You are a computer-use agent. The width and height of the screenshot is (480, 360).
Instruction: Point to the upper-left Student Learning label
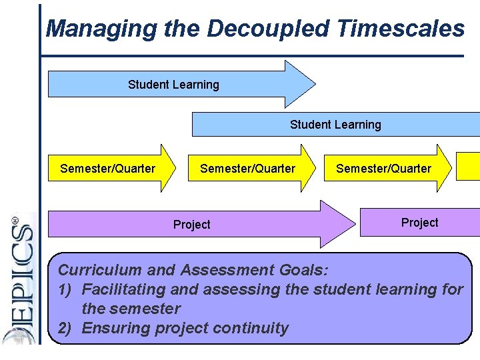click(173, 85)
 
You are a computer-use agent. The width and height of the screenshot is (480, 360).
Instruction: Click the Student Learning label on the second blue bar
click(335, 125)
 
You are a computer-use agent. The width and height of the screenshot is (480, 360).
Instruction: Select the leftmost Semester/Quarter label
click(107, 169)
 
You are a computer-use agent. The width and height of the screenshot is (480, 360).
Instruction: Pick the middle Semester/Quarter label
click(247, 169)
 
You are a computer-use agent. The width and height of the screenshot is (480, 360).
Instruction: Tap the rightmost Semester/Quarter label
click(383, 169)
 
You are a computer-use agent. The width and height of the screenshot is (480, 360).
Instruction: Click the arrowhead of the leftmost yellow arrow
click(167, 169)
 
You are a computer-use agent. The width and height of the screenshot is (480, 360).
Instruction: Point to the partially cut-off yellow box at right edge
click(468, 167)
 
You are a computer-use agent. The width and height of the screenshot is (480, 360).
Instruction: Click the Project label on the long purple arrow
click(191, 225)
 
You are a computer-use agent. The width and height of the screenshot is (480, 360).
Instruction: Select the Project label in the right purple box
click(419, 223)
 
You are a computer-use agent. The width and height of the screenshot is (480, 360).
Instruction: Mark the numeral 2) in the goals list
click(66, 328)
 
